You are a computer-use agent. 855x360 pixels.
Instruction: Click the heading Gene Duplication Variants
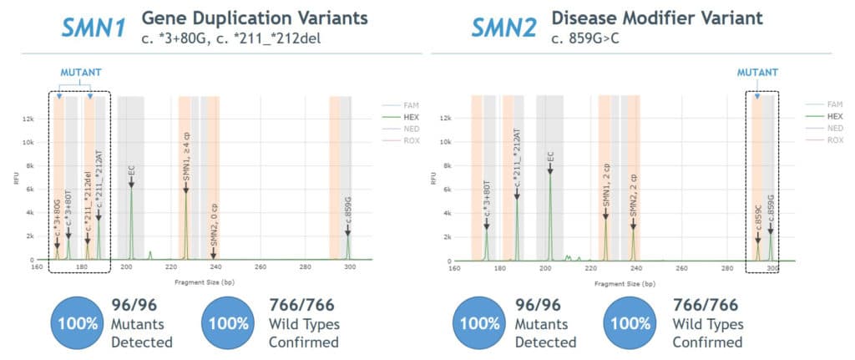pyautogui.click(x=255, y=18)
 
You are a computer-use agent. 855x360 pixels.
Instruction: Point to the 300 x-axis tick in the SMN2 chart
pyautogui.click(x=772, y=267)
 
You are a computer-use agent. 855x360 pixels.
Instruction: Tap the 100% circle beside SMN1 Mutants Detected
pyautogui.click(x=78, y=322)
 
